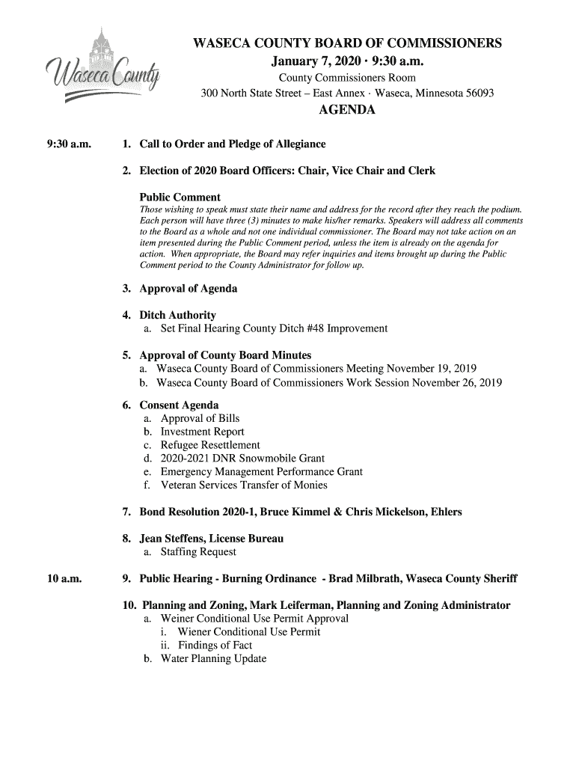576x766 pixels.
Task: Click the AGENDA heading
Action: tap(346, 111)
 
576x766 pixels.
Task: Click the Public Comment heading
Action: tap(180, 197)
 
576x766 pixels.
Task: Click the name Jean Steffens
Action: tap(171, 539)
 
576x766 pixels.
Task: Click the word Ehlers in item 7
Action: tap(443, 512)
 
